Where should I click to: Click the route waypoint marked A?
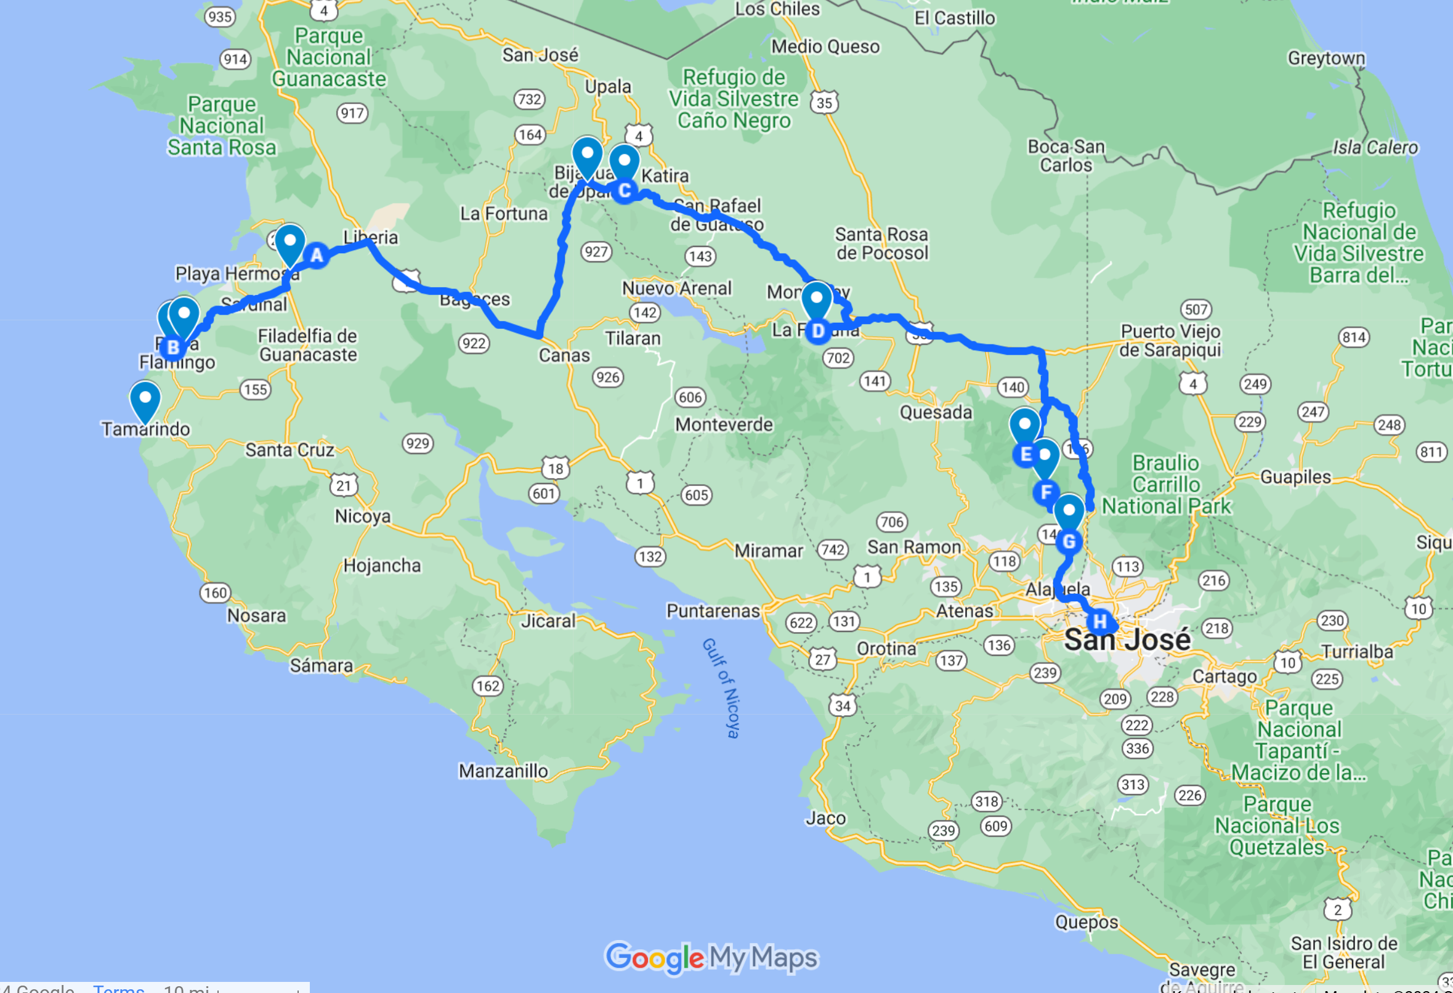pyautogui.click(x=317, y=255)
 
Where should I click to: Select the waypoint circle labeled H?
pyautogui.click(x=1099, y=622)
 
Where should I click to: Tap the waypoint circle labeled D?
pyautogui.click(x=818, y=331)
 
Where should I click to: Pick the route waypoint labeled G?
pyautogui.click(x=1069, y=541)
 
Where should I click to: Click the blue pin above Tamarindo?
pyautogui.click(x=145, y=401)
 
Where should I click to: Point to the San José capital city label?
pyautogui.click(x=1127, y=639)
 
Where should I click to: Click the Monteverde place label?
pyautogui.click(x=724, y=424)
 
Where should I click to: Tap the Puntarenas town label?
pyautogui.click(x=713, y=611)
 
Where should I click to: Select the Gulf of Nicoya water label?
pyautogui.click(x=721, y=688)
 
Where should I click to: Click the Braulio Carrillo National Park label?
pyautogui.click(x=1166, y=485)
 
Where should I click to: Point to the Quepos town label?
pyautogui.click(x=1087, y=922)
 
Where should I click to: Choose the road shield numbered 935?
pyautogui.click(x=220, y=17)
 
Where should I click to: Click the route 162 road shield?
pyautogui.click(x=488, y=686)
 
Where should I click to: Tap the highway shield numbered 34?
pyautogui.click(x=843, y=706)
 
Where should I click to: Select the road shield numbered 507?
pyautogui.click(x=1196, y=309)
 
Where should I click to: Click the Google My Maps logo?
pyautogui.click(x=711, y=957)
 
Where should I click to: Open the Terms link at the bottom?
pyautogui.click(x=119, y=988)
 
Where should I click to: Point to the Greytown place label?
pyautogui.click(x=1326, y=58)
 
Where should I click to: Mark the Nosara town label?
pyautogui.click(x=256, y=615)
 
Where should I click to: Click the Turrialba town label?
pyautogui.click(x=1358, y=652)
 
